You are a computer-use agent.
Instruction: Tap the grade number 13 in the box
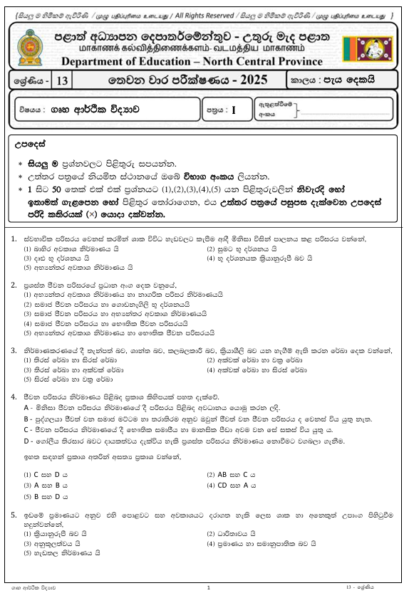(62, 82)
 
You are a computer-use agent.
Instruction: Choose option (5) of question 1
(28, 268)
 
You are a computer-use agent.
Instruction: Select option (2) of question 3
(211, 360)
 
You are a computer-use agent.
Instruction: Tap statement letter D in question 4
(26, 442)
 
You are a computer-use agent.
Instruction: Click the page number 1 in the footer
(207, 587)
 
